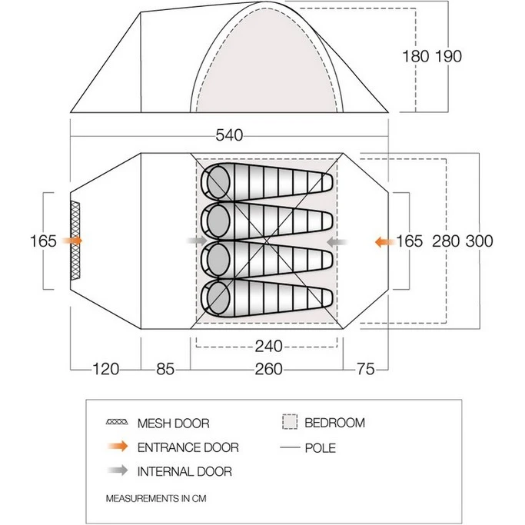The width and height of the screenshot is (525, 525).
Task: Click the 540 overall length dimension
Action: (229, 135)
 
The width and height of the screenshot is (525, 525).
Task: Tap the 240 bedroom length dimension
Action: (269, 346)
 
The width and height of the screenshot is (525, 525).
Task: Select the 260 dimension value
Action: (269, 369)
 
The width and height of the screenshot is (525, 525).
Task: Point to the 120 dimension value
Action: (106, 369)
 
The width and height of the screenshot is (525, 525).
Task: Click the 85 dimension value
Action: (165, 369)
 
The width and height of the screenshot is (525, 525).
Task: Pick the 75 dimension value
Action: (366, 369)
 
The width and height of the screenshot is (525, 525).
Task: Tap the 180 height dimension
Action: (416, 56)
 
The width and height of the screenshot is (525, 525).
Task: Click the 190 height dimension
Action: (449, 56)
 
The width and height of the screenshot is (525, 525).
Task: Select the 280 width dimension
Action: (446, 241)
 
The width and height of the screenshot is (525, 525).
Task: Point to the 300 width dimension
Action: (480, 241)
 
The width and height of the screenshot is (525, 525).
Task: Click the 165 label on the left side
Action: (43, 241)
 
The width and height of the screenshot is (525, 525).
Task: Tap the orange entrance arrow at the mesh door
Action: (72, 241)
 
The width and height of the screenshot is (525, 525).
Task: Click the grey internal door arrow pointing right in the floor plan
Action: (198, 241)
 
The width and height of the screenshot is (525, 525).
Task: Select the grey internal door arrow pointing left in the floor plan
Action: (337, 241)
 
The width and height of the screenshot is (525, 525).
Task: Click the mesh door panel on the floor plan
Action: (75, 241)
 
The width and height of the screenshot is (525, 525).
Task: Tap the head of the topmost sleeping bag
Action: (218, 182)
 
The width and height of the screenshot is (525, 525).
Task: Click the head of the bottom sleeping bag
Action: (218, 297)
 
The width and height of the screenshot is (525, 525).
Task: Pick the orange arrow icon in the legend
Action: (118, 447)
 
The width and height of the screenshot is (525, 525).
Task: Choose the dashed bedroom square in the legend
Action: (290, 422)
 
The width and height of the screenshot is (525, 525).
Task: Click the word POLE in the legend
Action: (320, 448)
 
